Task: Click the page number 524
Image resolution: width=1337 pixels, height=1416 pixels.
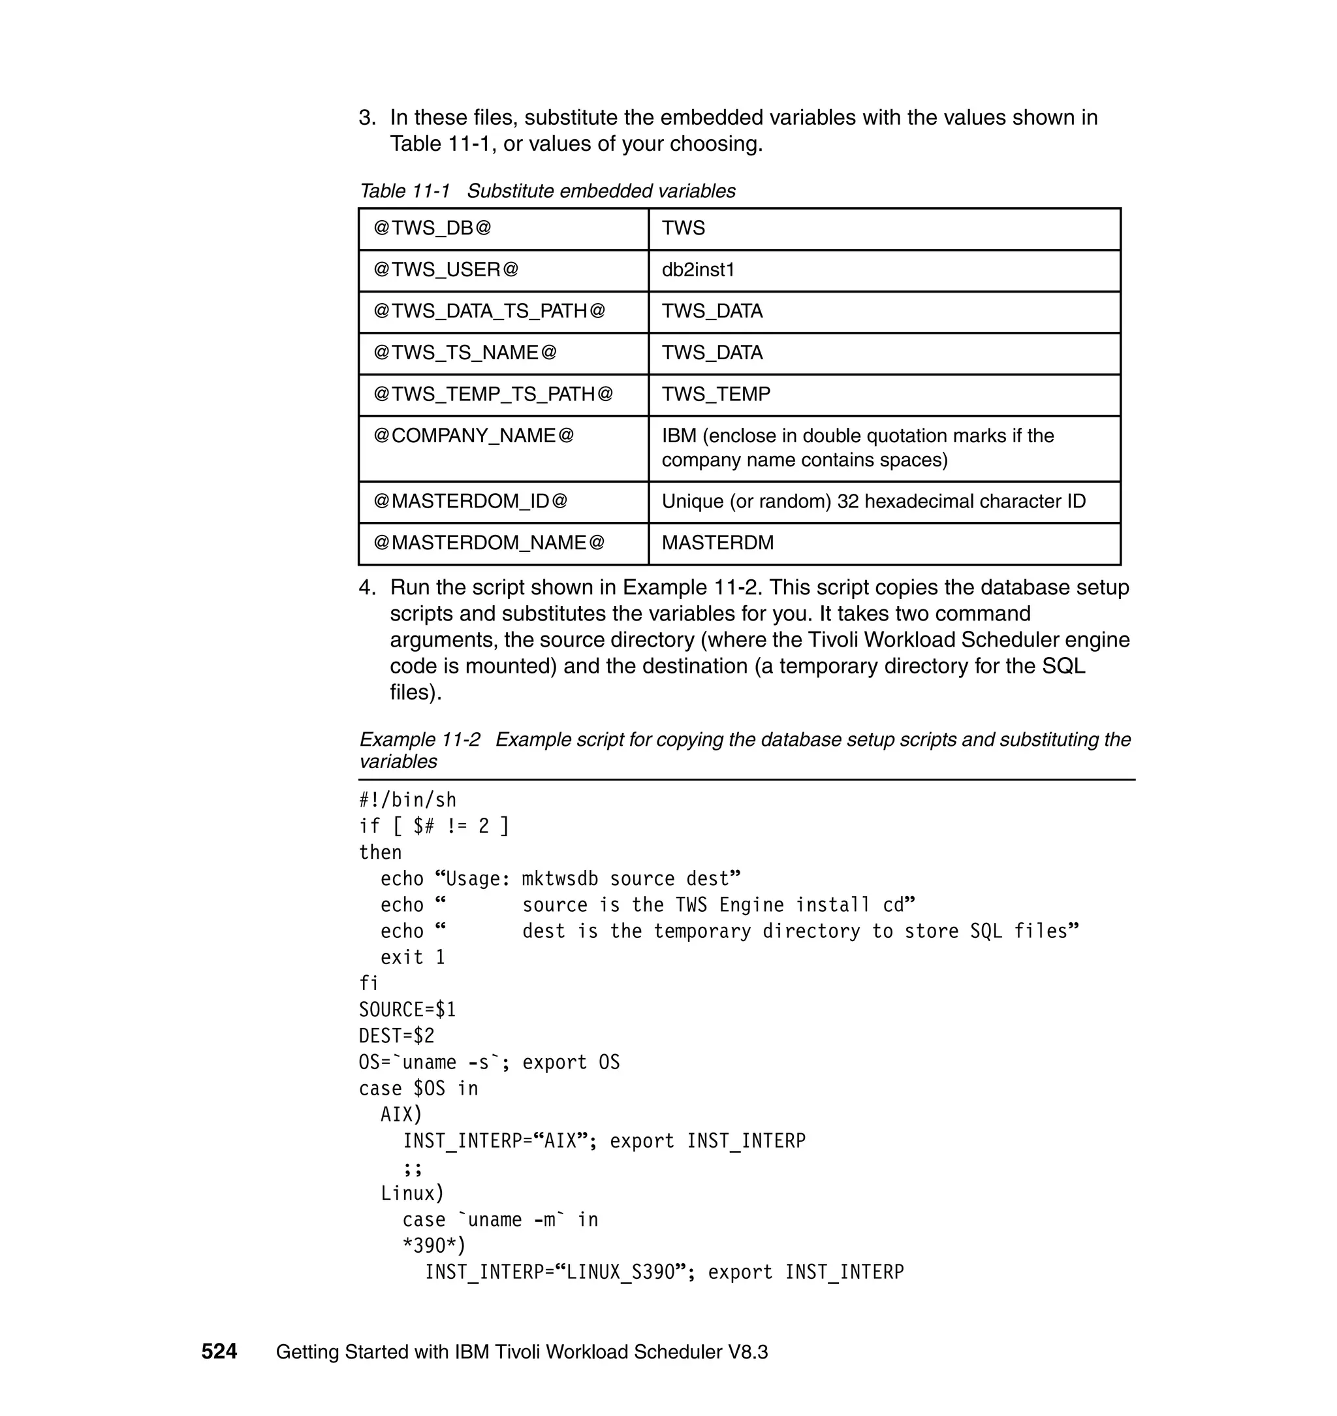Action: (219, 1352)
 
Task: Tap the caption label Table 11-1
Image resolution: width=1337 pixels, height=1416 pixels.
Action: (405, 191)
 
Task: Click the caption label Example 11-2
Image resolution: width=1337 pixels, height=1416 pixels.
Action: (420, 739)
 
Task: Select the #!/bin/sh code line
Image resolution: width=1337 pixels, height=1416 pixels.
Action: (407, 800)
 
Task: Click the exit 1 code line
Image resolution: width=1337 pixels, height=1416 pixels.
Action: (413, 957)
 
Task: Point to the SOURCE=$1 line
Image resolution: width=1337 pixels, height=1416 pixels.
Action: (407, 1010)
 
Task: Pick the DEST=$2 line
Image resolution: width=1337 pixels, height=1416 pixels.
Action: (396, 1036)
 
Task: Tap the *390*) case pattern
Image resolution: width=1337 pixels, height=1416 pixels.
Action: (433, 1246)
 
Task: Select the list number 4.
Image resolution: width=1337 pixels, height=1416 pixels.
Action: (366, 588)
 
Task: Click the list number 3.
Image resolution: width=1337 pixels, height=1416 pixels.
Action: (366, 118)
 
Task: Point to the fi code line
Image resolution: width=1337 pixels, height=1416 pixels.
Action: (368, 984)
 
